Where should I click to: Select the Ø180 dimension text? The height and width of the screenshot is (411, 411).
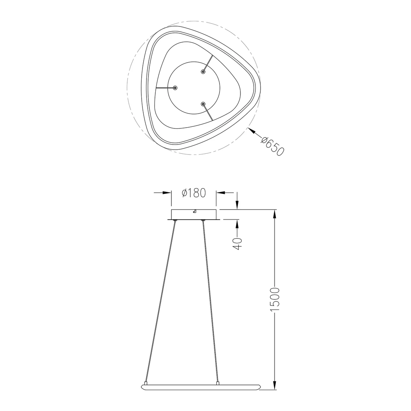point(194,193)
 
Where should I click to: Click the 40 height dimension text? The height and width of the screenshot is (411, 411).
point(237,243)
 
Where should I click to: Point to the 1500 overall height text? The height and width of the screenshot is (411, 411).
point(275,299)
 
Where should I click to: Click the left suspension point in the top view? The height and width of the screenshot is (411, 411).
point(175,87)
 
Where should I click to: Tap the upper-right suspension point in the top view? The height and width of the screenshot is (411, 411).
point(203,72)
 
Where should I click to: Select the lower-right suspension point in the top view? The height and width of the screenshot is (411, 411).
point(203,104)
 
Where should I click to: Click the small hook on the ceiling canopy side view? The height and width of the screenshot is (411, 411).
point(194,211)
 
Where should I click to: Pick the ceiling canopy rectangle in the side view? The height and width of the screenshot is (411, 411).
point(194,215)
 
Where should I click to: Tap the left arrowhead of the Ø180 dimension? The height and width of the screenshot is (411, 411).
point(168,193)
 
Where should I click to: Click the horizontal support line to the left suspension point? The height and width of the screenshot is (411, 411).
point(165,87)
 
